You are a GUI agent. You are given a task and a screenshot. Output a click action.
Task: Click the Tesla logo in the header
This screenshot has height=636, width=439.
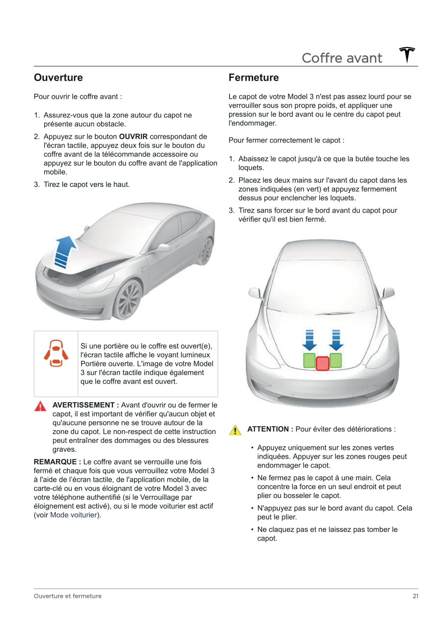pyautogui.click(x=407, y=55)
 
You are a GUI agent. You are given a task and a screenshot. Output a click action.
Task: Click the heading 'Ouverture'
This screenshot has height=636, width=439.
pyautogui.click(x=58, y=77)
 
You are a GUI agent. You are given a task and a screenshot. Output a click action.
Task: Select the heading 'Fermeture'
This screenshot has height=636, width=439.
pyautogui.click(x=253, y=77)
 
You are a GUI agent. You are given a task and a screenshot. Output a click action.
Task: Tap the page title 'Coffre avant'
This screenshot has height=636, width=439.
pyautogui.click(x=342, y=58)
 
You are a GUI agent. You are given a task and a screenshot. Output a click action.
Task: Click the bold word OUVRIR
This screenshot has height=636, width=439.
pyautogui.click(x=133, y=137)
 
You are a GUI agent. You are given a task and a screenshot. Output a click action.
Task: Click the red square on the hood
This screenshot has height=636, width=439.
pyautogui.click(x=323, y=363)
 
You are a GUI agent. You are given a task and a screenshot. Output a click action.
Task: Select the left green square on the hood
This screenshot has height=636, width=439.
pyautogui.click(x=309, y=360)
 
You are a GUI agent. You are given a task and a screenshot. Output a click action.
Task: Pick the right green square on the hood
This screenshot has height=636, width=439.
pyautogui.click(x=336, y=360)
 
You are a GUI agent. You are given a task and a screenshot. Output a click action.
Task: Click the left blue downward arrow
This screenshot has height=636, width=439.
pyautogui.click(x=309, y=340)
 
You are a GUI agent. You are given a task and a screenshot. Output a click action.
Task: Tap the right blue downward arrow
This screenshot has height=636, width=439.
pyautogui.click(x=336, y=340)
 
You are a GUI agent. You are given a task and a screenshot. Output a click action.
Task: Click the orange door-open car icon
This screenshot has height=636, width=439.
pyautogui.click(x=56, y=353)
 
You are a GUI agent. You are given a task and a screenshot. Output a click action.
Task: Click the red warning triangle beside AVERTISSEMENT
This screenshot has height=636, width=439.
pyautogui.click(x=40, y=406)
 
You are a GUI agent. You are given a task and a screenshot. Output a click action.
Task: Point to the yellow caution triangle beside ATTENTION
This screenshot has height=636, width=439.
pyautogui.click(x=235, y=430)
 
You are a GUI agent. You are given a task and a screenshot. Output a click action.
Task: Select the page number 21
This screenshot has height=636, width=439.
pyautogui.click(x=415, y=596)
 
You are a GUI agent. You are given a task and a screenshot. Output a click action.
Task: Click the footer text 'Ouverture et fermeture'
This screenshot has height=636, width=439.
pyautogui.click(x=68, y=596)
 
